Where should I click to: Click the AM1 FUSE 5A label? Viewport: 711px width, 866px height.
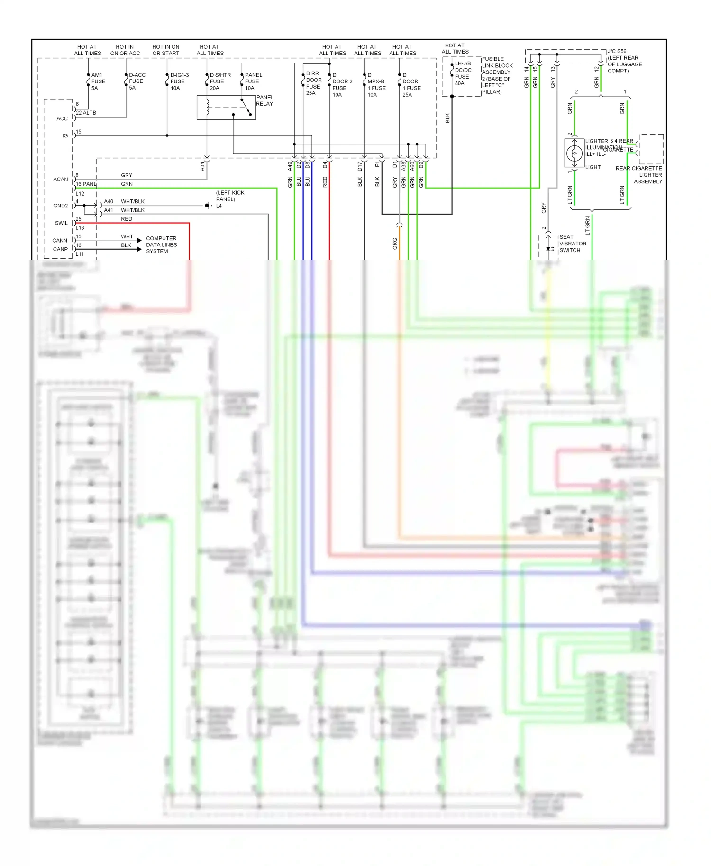(98, 81)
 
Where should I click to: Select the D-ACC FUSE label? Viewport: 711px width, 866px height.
(137, 81)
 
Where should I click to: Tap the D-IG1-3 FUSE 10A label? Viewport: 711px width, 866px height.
(179, 81)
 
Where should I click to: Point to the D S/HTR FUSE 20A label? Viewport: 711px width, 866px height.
(219, 81)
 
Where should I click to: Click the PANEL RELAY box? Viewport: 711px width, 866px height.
(226, 108)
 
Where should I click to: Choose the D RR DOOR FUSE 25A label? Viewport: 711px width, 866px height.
(313, 83)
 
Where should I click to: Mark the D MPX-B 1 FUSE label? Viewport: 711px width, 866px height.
(376, 85)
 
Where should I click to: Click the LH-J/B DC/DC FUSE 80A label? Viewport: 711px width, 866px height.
(462, 73)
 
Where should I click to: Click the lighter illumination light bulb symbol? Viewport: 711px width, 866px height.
(574, 153)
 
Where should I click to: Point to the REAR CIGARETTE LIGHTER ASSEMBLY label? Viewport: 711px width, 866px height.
(639, 175)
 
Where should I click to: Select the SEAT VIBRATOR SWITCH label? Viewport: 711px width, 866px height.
(572, 244)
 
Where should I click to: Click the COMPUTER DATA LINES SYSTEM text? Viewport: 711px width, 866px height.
(161, 245)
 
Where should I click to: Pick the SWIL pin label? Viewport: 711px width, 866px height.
(61, 223)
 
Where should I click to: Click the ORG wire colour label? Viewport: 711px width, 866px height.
(394, 244)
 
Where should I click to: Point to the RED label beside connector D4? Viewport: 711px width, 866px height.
(325, 182)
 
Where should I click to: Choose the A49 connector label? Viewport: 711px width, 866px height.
(290, 166)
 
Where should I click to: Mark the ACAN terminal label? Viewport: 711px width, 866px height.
(60, 180)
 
